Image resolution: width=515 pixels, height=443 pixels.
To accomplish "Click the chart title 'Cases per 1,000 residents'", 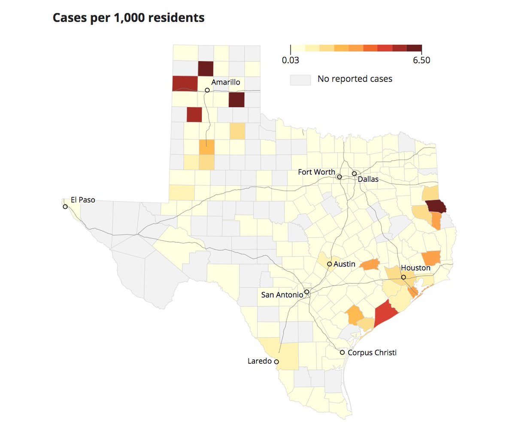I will coord(128,18).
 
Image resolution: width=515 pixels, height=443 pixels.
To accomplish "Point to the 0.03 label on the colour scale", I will coord(291,60).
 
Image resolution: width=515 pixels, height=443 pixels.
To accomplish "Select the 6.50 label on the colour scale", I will coord(421,60).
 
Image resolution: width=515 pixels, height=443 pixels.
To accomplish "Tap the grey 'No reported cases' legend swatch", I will coord(300,80).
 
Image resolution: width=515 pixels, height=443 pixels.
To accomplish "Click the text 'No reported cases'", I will coord(354,79).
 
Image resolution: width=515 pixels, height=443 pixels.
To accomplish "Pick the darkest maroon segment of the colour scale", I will coord(414,48).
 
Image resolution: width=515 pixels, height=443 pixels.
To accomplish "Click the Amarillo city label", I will coord(226,82).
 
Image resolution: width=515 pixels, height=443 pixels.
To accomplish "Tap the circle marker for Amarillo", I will coord(207,90).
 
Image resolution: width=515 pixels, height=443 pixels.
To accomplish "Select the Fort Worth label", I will coord(316,172).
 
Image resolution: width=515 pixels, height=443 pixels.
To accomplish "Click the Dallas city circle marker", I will coord(354,174).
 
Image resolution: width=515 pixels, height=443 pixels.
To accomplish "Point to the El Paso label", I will coord(83,200).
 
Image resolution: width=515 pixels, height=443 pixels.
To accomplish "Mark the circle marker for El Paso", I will coord(65,207).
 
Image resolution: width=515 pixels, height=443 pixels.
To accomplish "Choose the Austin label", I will coord(344,264).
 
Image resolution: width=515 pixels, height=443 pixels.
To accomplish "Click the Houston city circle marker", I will coord(403,277).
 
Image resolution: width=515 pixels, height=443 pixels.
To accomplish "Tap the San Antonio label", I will coord(282,295).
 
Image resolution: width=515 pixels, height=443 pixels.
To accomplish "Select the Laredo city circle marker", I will coord(276,362).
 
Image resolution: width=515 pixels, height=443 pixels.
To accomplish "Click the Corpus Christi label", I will coord(372,353).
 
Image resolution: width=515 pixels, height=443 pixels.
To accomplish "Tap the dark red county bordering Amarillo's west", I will coord(185,83).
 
